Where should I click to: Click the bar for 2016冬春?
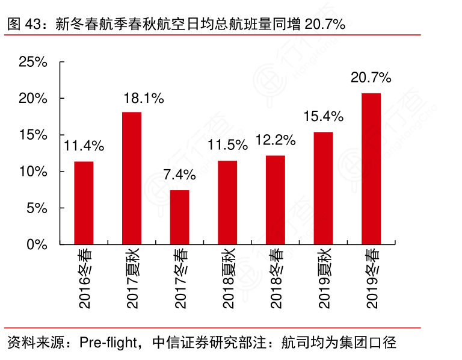point(84,203)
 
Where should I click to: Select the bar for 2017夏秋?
point(132,178)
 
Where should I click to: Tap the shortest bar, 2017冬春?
point(179,217)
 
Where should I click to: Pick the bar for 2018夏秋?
point(227,202)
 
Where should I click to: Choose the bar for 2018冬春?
point(276,200)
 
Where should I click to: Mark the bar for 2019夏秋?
point(323,188)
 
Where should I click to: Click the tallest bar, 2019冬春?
point(371,169)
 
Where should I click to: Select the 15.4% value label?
point(323,116)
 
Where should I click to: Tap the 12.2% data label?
point(276,140)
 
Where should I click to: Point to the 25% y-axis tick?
point(33,61)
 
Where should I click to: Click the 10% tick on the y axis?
point(33,172)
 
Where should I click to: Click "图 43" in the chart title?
point(23,24)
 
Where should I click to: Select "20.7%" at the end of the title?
point(324,24)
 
